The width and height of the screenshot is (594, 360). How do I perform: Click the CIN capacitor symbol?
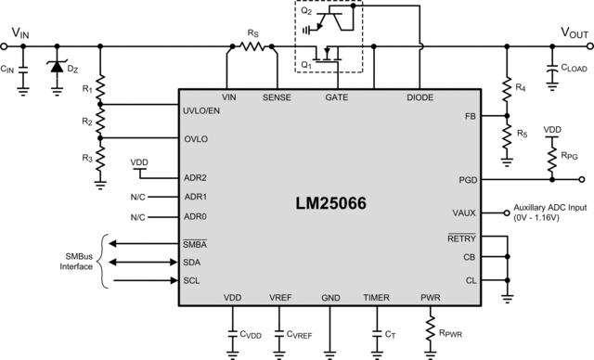[x=22, y=67]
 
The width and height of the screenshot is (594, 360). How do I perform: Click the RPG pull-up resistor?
[x=551, y=157]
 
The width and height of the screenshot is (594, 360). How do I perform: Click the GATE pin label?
[x=337, y=96]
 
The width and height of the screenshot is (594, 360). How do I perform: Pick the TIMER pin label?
[x=376, y=298]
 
